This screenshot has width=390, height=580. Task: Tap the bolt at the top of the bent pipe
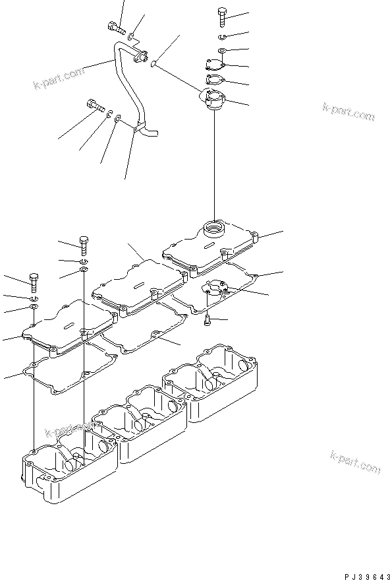[x=116, y=28]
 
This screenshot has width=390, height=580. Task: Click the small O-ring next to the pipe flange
[x=153, y=64]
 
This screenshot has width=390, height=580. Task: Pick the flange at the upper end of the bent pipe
[x=140, y=59]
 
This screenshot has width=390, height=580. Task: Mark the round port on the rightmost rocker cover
[x=216, y=230]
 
